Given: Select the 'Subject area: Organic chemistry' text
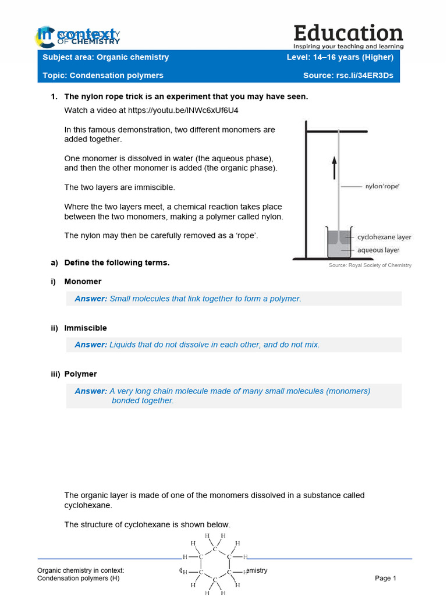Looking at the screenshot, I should (106, 57).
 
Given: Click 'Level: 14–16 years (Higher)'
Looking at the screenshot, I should (340, 57).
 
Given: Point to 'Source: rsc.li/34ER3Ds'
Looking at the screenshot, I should (348, 76).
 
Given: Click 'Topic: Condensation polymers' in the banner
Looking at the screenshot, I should (103, 76).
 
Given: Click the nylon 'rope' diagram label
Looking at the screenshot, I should (382, 187).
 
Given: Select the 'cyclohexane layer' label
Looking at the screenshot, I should (384, 237).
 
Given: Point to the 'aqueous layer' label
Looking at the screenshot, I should (378, 250).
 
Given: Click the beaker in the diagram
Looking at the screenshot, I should (339, 243).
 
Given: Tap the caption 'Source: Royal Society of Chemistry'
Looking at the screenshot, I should (370, 265).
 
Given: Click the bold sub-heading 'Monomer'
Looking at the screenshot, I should (83, 281).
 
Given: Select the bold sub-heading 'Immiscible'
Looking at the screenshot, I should (86, 328).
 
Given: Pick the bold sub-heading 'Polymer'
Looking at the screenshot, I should (80, 374).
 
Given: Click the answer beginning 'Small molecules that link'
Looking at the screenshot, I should (205, 299).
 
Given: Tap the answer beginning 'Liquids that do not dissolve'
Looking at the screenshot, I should (214, 345).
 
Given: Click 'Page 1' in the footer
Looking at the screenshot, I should (385, 578).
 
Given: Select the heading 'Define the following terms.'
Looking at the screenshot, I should (116, 262).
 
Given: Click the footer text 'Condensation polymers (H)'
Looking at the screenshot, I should (78, 578).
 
